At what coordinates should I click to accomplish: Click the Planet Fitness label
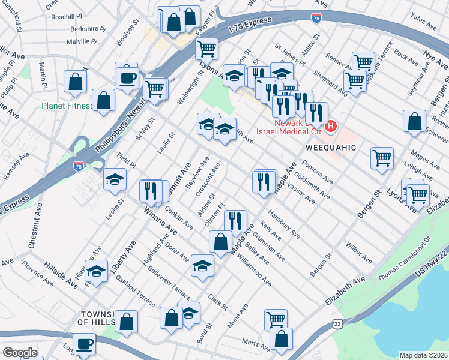click(67, 106)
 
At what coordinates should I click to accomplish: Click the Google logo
click(20, 353)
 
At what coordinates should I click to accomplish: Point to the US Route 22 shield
click(338, 324)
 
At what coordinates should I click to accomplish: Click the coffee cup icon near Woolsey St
click(127, 77)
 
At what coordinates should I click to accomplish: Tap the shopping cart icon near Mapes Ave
click(382, 158)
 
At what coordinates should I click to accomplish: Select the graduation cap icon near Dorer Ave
click(203, 265)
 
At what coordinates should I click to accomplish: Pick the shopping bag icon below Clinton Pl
click(220, 241)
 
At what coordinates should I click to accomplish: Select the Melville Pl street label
click(76, 41)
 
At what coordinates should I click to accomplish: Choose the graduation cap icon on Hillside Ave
click(97, 272)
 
